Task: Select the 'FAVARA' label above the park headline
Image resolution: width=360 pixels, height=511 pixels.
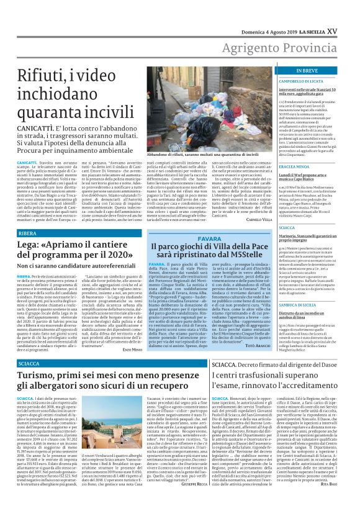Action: pyautogui.click(x=205, y=239)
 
